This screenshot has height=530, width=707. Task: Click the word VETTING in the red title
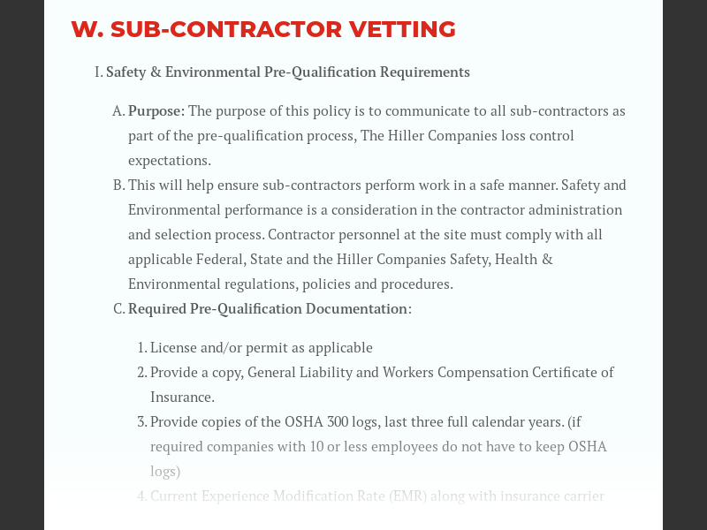[402, 29]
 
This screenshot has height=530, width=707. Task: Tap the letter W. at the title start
[87, 29]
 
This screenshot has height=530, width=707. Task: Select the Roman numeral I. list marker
[99, 72]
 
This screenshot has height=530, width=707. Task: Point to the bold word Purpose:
[156, 111]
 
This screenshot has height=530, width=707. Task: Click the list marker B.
[118, 185]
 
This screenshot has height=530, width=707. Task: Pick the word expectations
[170, 161]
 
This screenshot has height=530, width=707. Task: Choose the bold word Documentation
[356, 309]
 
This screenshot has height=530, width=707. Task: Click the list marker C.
[118, 309]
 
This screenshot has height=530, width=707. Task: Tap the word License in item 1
[174, 348]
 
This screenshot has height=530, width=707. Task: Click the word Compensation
[483, 373]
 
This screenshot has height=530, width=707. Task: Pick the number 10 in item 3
[317, 447]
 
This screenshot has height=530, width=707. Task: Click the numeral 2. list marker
[141, 373]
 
